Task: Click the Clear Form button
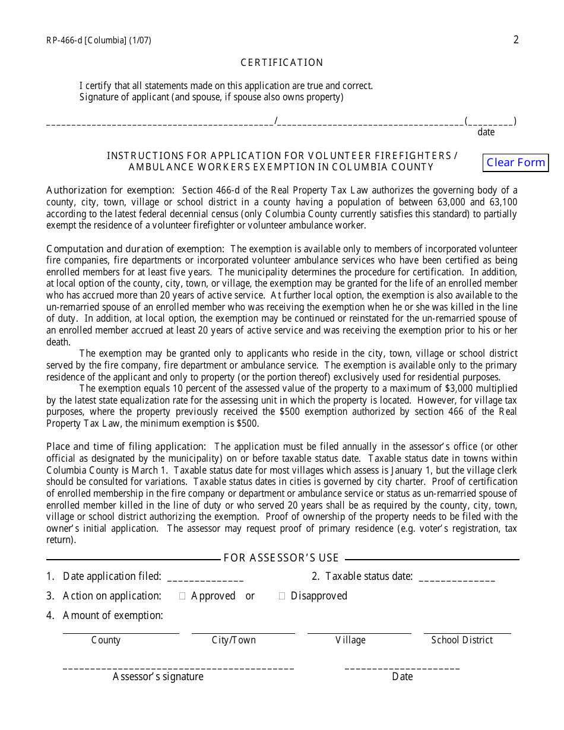pos(515,163)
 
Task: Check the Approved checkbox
pos(182,596)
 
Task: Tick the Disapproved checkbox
pos(282,596)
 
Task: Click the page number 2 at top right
pos(516,40)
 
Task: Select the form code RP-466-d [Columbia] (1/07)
pos(99,41)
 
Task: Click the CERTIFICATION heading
pos(282,63)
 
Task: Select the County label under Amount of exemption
pos(106,640)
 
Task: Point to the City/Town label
pos(234,640)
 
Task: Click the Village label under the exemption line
pos(350,640)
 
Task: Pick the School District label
pos(462,640)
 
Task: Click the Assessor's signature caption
pos(158,677)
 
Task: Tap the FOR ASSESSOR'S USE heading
pos(281,558)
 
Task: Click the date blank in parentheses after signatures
pos(490,122)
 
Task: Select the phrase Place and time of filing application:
pos(126,446)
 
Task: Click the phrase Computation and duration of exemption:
pos(135,249)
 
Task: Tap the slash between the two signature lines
pos(276,122)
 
